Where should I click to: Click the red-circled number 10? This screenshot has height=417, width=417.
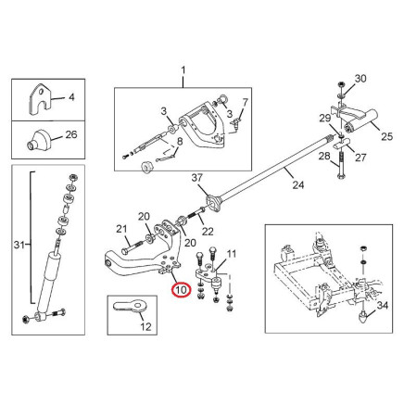(x=182, y=290)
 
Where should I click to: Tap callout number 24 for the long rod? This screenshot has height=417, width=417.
(x=298, y=185)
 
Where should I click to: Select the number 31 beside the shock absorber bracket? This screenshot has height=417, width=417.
(x=19, y=245)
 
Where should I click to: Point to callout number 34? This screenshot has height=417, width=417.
(x=383, y=305)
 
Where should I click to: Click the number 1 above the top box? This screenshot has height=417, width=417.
(x=183, y=70)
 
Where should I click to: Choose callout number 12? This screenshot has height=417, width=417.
(x=145, y=326)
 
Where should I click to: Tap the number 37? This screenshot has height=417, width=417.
(x=197, y=178)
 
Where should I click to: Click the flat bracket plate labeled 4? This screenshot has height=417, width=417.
(x=40, y=99)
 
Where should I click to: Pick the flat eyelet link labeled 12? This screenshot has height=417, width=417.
(x=131, y=306)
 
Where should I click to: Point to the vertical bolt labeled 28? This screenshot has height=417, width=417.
(x=341, y=166)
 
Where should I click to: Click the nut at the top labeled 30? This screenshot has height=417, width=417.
(x=341, y=84)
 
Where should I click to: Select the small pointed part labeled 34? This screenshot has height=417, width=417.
(x=362, y=317)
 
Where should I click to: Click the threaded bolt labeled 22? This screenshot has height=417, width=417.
(x=196, y=213)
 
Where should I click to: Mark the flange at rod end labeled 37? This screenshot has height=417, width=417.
(x=214, y=202)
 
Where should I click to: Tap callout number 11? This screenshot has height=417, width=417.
(x=232, y=254)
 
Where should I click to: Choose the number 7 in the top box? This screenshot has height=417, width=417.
(x=245, y=102)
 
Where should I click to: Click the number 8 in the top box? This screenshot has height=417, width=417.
(x=180, y=142)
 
